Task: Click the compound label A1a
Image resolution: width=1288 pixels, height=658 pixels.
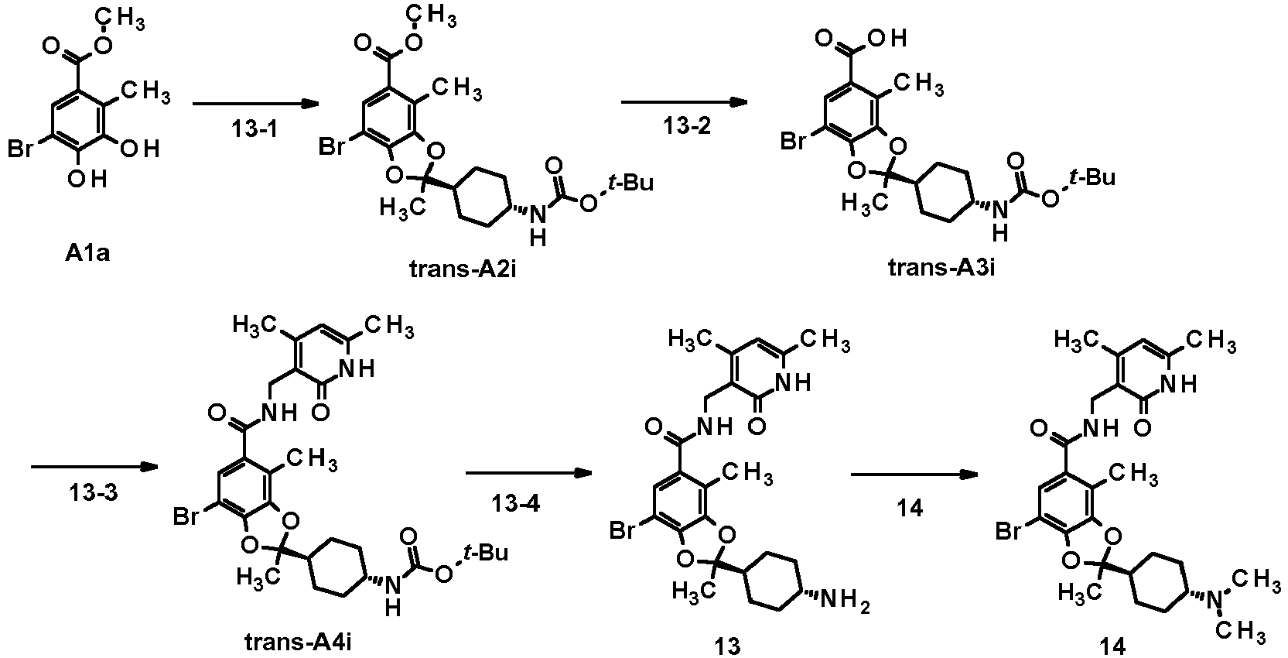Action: click(87, 253)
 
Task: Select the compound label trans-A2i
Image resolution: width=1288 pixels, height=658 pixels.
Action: click(463, 269)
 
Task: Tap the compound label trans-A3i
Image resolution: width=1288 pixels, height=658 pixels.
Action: click(941, 267)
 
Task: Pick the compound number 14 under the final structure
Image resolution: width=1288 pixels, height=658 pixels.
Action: click(1112, 646)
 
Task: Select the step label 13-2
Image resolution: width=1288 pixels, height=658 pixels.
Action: click(687, 126)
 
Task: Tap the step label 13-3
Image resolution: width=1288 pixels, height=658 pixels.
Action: click(93, 493)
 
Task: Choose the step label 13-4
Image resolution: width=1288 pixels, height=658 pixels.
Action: click(516, 504)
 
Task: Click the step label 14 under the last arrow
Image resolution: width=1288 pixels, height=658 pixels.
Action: click(910, 508)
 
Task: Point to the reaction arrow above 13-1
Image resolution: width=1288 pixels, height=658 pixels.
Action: click(255, 104)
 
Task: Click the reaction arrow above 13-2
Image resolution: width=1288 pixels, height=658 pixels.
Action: click(685, 102)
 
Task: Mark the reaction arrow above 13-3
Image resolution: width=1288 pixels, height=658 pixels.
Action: click(94, 467)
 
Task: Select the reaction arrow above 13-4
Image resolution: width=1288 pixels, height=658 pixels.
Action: click(529, 473)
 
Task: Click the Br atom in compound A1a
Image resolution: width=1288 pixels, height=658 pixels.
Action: click(20, 149)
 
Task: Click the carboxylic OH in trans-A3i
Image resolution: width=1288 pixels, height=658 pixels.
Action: click(890, 39)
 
